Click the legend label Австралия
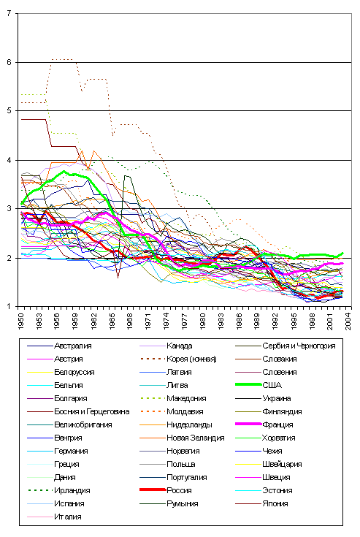73,346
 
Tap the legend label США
272,385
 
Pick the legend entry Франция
277,424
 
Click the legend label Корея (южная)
191,359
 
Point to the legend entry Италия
68,517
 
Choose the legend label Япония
275,503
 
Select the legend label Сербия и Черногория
299,346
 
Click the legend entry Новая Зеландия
196,438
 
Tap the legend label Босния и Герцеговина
92,411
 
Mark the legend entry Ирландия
72,490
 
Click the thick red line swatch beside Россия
153,490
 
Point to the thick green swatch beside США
248,385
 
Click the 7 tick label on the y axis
9,13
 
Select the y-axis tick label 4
9,160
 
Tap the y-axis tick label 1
9,306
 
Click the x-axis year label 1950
21,321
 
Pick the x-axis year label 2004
348,321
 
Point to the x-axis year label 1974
166,321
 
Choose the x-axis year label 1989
257,321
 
